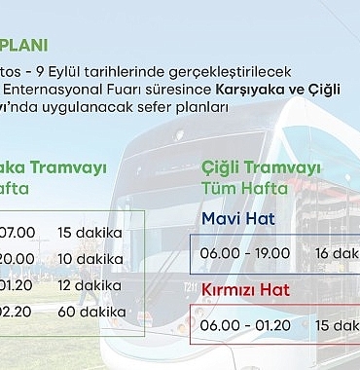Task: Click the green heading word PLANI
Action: (27, 45)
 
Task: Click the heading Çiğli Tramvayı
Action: (261, 167)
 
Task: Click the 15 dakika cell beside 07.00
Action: (90, 234)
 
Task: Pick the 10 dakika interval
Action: (90, 260)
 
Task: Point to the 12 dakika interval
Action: (90, 285)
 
